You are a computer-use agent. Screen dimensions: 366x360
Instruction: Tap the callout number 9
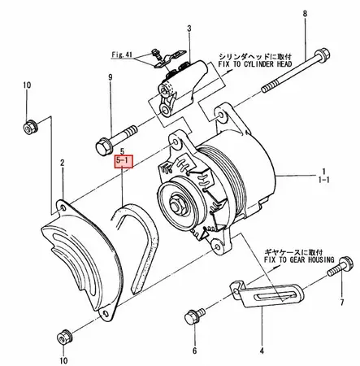(109, 77)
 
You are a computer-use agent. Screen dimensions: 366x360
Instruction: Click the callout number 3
(189, 29)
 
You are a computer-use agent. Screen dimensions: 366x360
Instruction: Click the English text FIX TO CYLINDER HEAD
(261, 69)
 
